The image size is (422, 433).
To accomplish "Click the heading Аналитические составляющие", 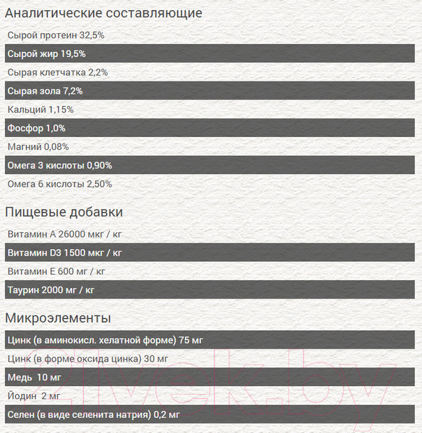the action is click(x=103, y=13).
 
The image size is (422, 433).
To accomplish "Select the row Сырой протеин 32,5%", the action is click(x=56, y=35).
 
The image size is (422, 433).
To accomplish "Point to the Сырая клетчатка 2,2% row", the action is click(x=58, y=72).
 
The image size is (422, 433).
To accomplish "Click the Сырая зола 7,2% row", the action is click(x=45, y=91).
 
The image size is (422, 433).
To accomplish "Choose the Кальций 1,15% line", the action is click(x=40, y=110).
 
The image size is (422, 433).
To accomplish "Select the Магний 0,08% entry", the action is click(x=38, y=146).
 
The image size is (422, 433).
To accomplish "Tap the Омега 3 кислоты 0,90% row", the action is click(x=59, y=165).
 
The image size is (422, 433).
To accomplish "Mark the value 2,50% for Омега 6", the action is click(x=99, y=184).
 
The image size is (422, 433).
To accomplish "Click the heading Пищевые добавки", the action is click(x=64, y=212).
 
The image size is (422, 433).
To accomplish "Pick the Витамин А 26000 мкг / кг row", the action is click(x=64, y=235).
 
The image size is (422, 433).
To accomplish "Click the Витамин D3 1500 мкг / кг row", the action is click(x=64, y=253).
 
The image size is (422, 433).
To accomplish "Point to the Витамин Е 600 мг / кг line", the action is click(x=56, y=271).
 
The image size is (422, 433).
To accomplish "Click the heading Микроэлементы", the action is click(x=58, y=318).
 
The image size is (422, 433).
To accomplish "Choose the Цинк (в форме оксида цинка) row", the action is click(x=87, y=359).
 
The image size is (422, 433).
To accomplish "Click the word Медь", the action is click(x=20, y=377).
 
